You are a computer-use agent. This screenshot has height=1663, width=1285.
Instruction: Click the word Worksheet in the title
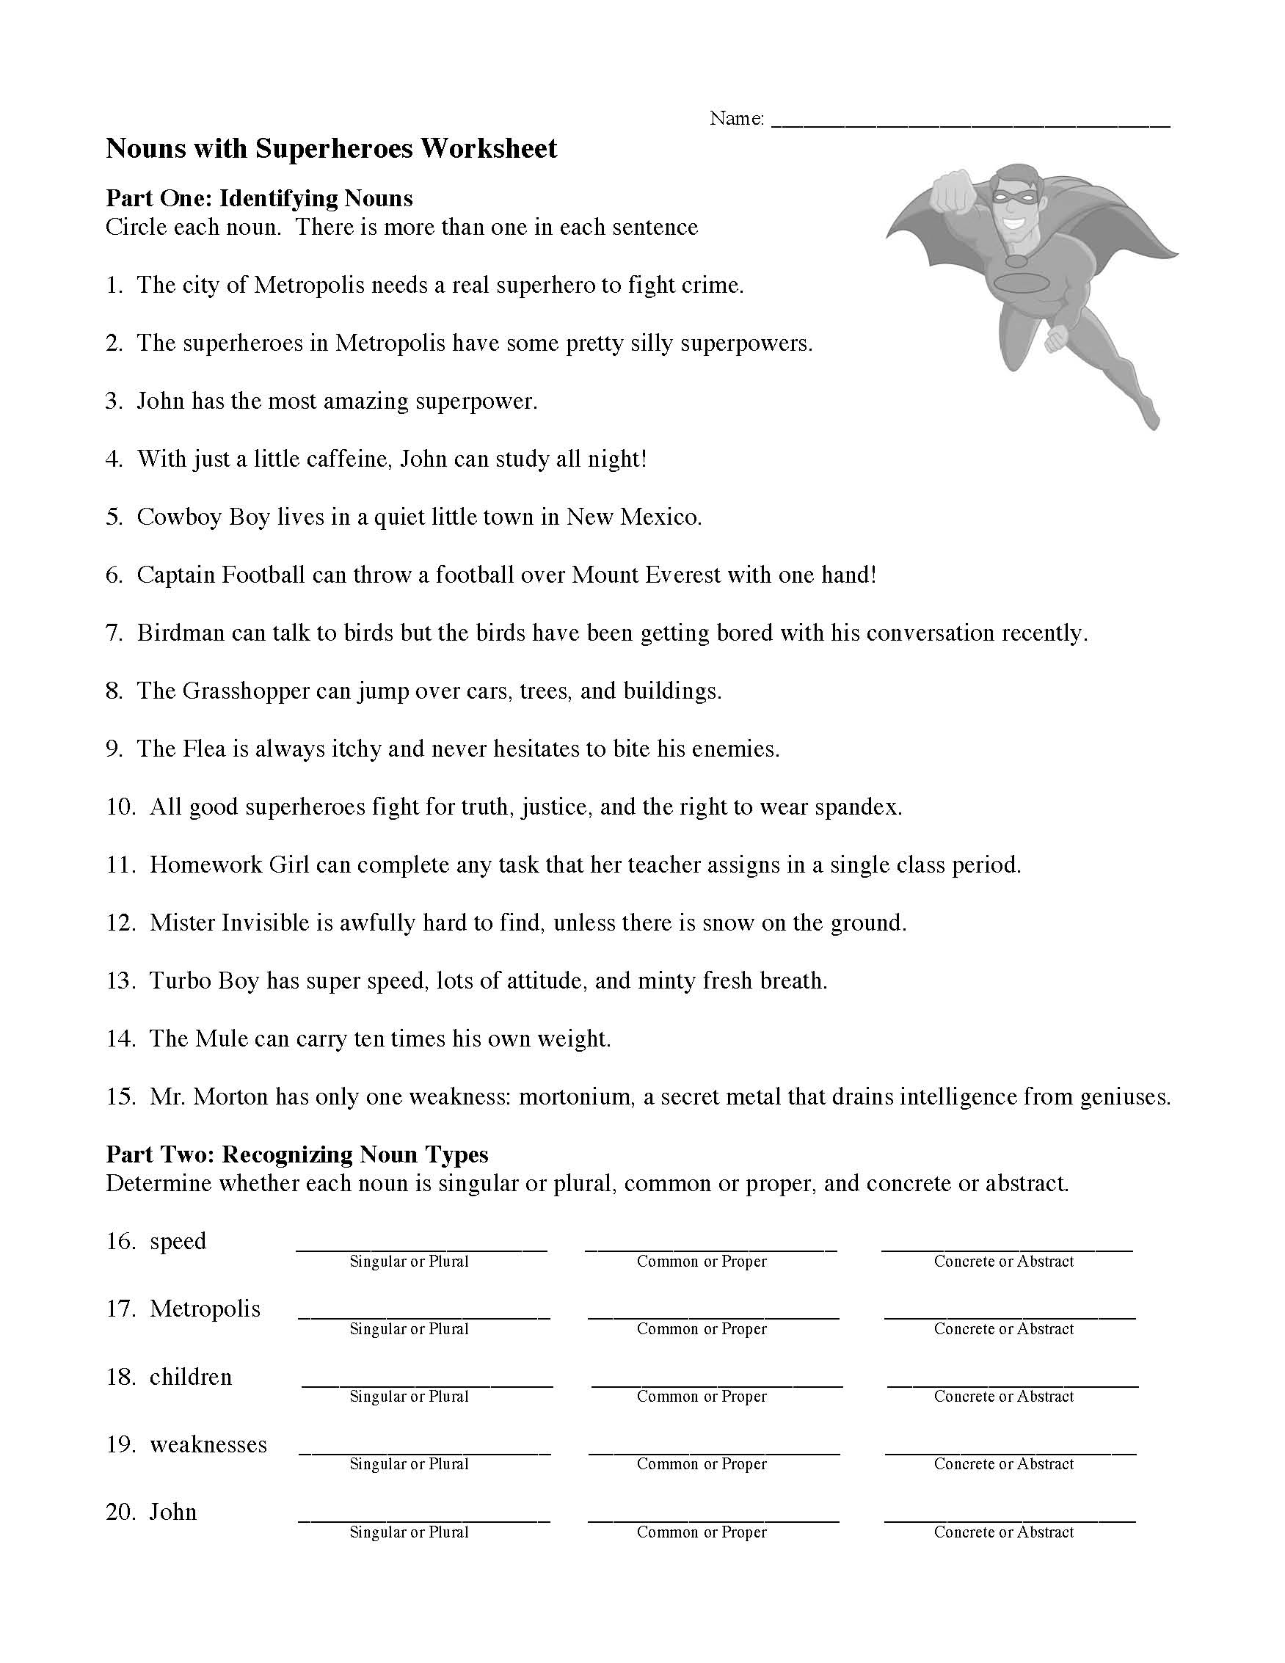coord(489,148)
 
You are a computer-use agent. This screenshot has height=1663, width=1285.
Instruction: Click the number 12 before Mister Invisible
coord(120,923)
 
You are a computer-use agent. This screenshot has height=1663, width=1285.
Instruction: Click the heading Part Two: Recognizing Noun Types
coord(297,1154)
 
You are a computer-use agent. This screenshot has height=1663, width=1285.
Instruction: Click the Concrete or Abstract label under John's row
coord(1003,1532)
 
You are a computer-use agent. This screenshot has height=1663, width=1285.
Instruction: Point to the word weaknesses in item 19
coord(208,1444)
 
